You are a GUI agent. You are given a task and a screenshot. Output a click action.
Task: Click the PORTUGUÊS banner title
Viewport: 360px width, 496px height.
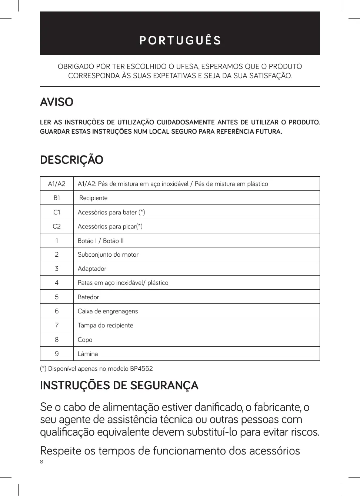[x=180, y=40]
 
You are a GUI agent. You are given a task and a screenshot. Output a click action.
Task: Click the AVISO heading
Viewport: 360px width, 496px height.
[x=57, y=102]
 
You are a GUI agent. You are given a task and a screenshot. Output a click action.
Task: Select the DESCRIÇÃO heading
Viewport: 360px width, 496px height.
[x=71, y=160]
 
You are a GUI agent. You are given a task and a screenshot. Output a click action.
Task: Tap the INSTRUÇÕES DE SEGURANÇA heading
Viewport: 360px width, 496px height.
[x=119, y=386]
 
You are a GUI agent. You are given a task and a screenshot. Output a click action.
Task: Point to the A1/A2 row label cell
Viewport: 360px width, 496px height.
[x=57, y=184]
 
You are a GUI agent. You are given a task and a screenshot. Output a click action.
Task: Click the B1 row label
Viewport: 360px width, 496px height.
[x=57, y=198]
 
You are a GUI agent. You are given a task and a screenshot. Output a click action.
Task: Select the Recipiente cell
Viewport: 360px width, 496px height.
[x=93, y=198]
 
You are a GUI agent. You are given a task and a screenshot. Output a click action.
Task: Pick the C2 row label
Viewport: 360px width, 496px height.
[x=57, y=226]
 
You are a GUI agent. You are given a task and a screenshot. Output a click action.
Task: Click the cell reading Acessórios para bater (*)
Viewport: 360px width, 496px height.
[x=111, y=212]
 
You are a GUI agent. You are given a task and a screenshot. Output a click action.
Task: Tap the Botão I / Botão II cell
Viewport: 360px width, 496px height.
[x=101, y=241]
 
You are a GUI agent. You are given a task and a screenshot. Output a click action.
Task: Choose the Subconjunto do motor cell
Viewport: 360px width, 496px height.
[x=108, y=254]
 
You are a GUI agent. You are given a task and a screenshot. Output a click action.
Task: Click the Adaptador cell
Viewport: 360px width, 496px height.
[x=92, y=269]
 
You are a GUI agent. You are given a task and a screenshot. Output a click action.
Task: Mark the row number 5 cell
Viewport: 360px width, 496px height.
[x=57, y=297]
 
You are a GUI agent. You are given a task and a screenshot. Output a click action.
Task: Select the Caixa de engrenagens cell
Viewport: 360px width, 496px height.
[x=108, y=311]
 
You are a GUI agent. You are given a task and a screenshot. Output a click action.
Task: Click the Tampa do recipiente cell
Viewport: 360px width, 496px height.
[x=105, y=325]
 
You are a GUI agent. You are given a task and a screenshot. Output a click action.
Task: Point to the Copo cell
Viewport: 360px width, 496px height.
[x=85, y=340]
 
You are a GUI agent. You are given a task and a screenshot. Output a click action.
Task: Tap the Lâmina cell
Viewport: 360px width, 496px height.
[x=88, y=354]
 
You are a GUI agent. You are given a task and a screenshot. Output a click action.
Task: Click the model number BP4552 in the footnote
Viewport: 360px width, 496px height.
[x=141, y=369]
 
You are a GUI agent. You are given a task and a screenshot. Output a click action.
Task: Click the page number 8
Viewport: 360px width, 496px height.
[x=41, y=462]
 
